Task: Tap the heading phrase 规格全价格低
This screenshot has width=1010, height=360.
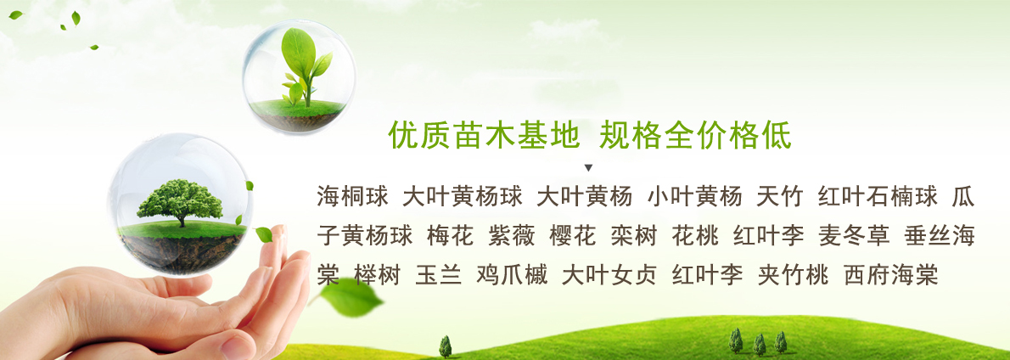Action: click(x=695, y=135)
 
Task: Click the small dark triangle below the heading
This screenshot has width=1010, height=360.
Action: click(x=588, y=168)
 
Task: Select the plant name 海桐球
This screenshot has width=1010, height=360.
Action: click(x=352, y=196)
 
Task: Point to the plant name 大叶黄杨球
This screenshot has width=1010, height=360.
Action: click(x=462, y=196)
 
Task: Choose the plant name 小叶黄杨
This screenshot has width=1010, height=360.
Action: click(x=695, y=196)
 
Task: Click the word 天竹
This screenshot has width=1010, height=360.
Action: click(x=779, y=196)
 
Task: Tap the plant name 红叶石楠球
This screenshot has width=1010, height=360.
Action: click(x=878, y=196)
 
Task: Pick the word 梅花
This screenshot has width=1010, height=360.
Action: click(x=450, y=236)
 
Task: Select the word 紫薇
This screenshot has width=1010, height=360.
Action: click(x=512, y=236)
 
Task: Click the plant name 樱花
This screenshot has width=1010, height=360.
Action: click(x=573, y=236)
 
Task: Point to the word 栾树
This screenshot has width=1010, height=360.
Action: click(x=634, y=236)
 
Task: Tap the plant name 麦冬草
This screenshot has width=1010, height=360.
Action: click(x=854, y=236)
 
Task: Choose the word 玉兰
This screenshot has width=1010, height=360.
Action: click(x=439, y=275)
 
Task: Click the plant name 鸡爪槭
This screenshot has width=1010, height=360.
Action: click(x=512, y=275)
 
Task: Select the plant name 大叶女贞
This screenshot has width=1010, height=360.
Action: click(x=609, y=275)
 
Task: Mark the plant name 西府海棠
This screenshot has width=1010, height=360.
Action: click(x=891, y=275)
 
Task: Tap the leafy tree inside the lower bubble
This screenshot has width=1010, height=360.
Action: click(x=180, y=202)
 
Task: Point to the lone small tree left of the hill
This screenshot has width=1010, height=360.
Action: click(x=445, y=346)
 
